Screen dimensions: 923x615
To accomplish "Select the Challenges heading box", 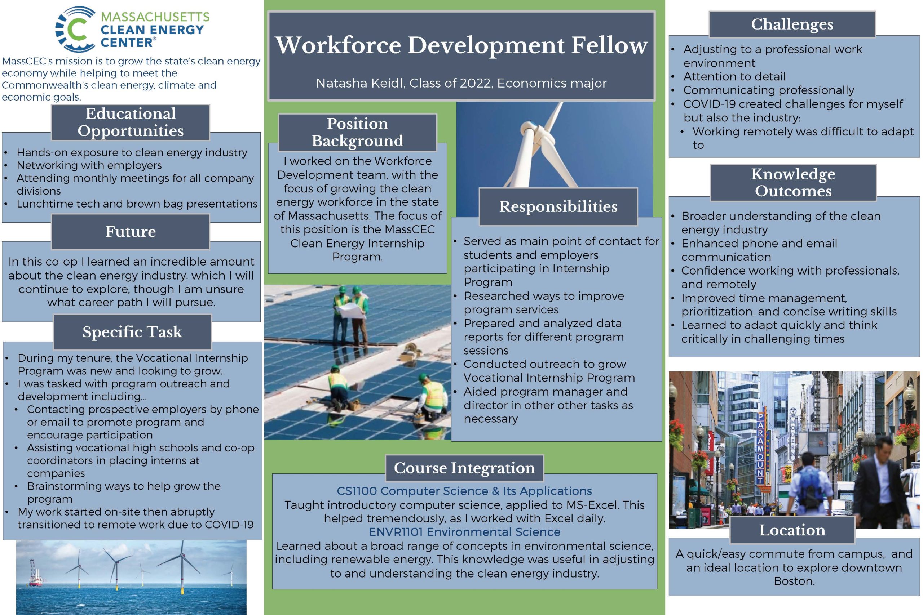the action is click(x=792, y=24).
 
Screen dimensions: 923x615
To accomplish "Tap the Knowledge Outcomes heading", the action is click(x=793, y=182).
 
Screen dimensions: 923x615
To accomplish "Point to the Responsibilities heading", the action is click(x=558, y=207).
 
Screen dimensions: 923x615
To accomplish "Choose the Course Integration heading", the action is click(x=464, y=468).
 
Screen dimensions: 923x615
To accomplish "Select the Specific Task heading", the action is click(x=132, y=332).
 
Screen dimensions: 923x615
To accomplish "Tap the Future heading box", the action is click(x=131, y=231).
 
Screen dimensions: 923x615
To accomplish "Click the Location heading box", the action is click(x=792, y=530).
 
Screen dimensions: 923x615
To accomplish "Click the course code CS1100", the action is click(x=357, y=491).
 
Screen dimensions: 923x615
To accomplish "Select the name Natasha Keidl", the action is click(x=360, y=83).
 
